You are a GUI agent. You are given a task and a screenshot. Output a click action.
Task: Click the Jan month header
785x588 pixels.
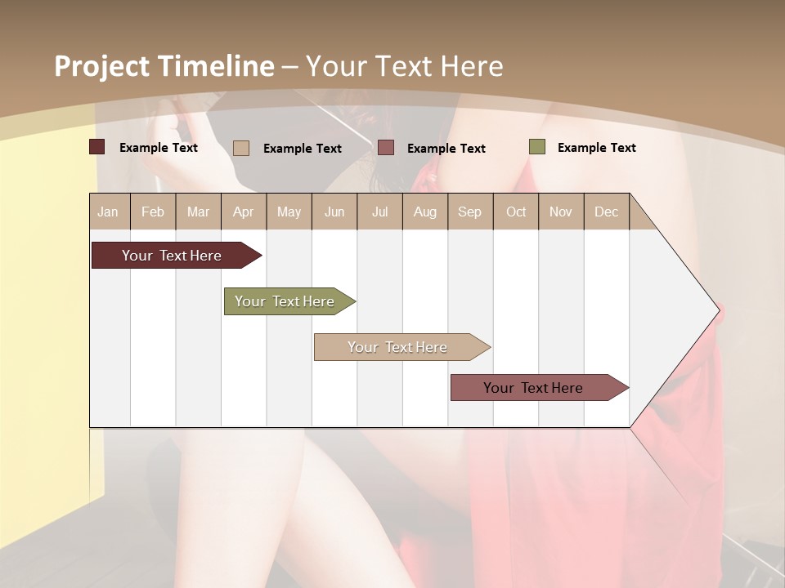[108, 212]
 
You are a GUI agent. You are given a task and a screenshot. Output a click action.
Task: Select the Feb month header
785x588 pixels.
[153, 212]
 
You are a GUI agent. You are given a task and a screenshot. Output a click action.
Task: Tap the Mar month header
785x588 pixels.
[198, 212]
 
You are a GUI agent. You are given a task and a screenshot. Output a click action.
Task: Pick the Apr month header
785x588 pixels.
[243, 212]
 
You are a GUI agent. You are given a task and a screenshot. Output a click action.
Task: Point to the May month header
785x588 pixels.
[289, 212]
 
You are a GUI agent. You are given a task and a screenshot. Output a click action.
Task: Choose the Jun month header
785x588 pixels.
[334, 212]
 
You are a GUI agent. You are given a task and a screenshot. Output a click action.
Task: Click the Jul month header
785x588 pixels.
[379, 212]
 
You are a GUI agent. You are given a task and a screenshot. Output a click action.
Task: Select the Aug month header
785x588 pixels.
[424, 212]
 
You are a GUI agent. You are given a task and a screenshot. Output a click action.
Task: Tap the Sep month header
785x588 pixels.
[469, 212]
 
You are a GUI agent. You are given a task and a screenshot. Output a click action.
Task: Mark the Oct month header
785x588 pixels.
[516, 212]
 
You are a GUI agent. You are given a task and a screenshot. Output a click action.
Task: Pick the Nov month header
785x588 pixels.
[560, 212]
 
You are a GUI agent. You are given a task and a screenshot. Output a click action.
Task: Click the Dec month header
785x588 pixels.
[606, 212]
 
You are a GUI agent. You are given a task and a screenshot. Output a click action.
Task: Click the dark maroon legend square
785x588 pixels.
[97, 147]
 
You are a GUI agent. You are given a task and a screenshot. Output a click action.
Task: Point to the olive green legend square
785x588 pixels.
[537, 147]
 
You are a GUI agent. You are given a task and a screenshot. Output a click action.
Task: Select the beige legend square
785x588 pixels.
[241, 148]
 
